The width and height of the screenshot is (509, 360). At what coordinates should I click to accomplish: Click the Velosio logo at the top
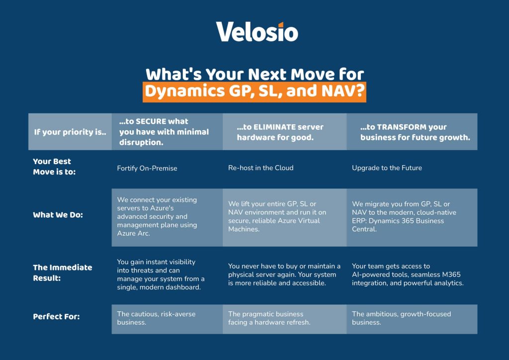257,32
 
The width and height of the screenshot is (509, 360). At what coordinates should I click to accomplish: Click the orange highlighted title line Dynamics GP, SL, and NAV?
254,91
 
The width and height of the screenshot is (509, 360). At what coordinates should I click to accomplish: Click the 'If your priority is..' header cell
70,132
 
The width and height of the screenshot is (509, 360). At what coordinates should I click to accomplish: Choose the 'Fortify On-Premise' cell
147,168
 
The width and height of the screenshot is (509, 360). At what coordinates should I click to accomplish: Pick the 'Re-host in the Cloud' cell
260,168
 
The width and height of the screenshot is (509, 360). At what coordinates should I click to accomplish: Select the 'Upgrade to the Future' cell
387,168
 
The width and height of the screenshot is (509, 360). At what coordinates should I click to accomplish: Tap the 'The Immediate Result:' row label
62,272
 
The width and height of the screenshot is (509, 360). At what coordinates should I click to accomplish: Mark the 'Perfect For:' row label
56,317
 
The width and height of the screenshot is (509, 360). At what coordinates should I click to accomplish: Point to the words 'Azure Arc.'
134,233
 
